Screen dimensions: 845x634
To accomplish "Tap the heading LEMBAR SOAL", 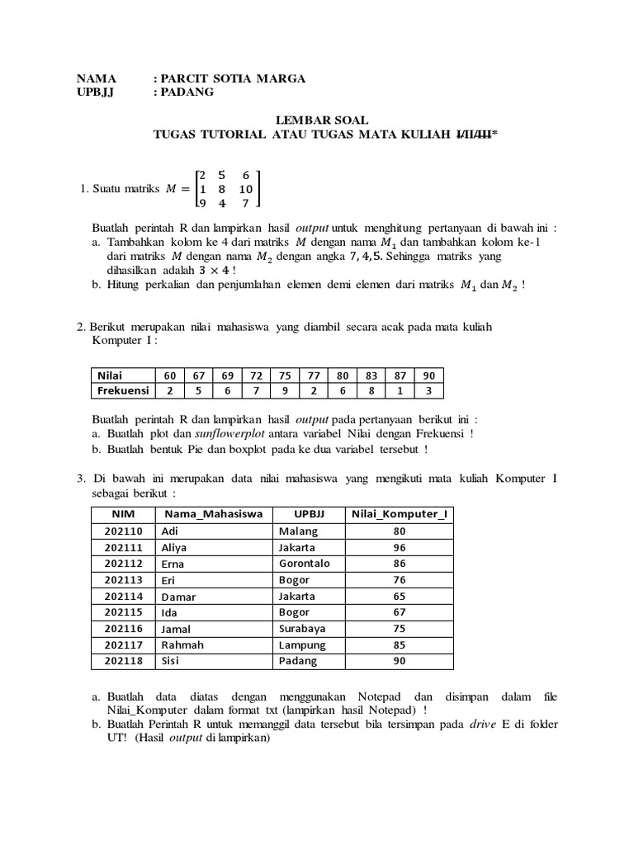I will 323,120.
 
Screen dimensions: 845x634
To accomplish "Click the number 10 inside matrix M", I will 245,189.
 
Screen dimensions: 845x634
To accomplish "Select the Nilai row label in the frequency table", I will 110,375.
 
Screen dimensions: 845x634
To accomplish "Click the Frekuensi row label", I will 123,390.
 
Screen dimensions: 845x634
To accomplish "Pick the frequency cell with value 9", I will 285,390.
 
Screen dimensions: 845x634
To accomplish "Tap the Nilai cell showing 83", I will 371,375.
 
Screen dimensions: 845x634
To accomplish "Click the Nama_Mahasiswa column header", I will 214,514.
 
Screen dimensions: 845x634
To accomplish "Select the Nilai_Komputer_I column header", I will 399,514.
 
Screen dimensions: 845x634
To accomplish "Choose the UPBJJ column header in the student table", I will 310,514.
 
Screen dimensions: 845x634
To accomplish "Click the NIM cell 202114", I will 124,596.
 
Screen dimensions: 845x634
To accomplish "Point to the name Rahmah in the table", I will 182,644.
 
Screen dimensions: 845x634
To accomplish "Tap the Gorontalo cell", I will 305,564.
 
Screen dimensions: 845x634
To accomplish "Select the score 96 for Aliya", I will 400,547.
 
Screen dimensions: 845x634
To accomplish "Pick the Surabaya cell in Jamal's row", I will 302,629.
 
